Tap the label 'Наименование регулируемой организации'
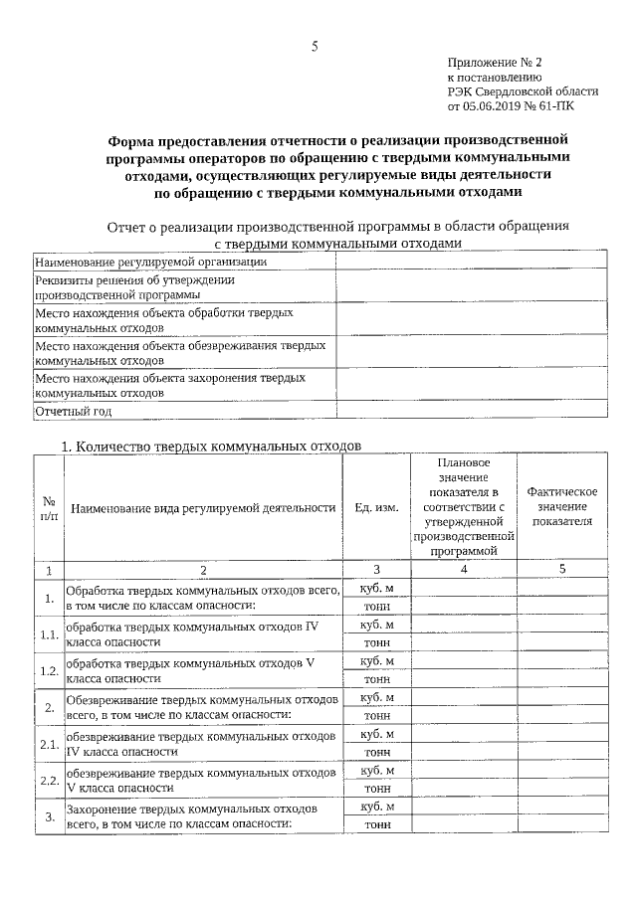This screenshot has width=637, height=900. click(150, 262)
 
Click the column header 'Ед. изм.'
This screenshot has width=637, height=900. click(376, 507)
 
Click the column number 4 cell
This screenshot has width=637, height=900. click(464, 570)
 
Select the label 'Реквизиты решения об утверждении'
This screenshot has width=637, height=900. click(135, 280)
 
